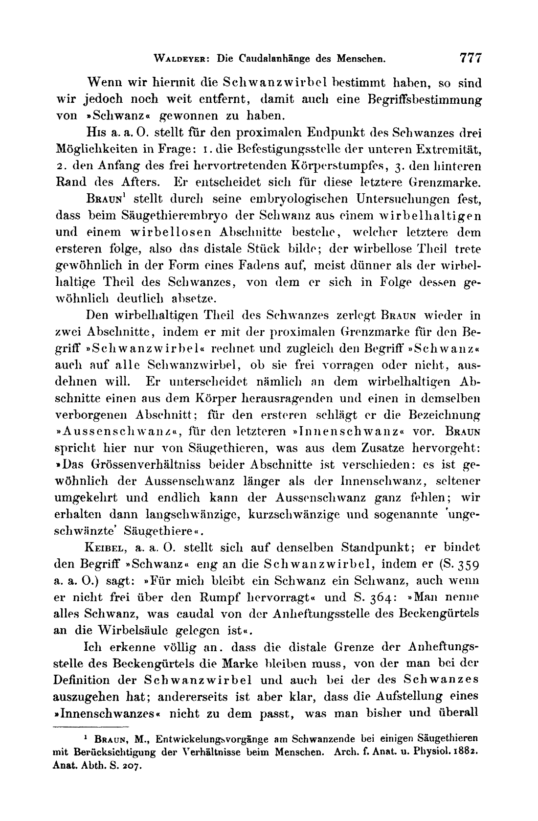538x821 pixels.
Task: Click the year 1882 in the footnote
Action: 467,751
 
